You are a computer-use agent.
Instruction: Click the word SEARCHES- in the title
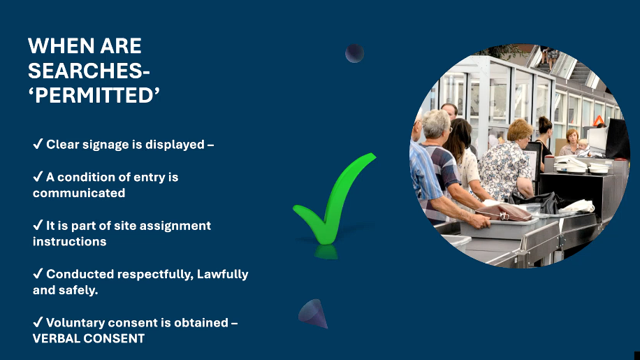click(x=89, y=71)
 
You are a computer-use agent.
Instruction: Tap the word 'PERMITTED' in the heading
click(x=94, y=95)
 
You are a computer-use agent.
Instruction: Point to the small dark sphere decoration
click(x=355, y=53)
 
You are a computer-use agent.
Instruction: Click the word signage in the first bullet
click(x=115, y=145)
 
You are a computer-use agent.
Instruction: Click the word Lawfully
click(x=222, y=274)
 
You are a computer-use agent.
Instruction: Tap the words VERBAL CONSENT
click(x=89, y=338)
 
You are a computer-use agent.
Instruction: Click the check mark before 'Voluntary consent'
click(x=38, y=323)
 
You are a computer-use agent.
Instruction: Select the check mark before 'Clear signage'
click(x=38, y=145)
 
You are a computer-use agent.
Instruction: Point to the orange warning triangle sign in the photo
click(x=599, y=121)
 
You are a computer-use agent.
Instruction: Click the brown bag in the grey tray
click(x=502, y=212)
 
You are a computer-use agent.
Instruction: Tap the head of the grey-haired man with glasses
click(x=437, y=124)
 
